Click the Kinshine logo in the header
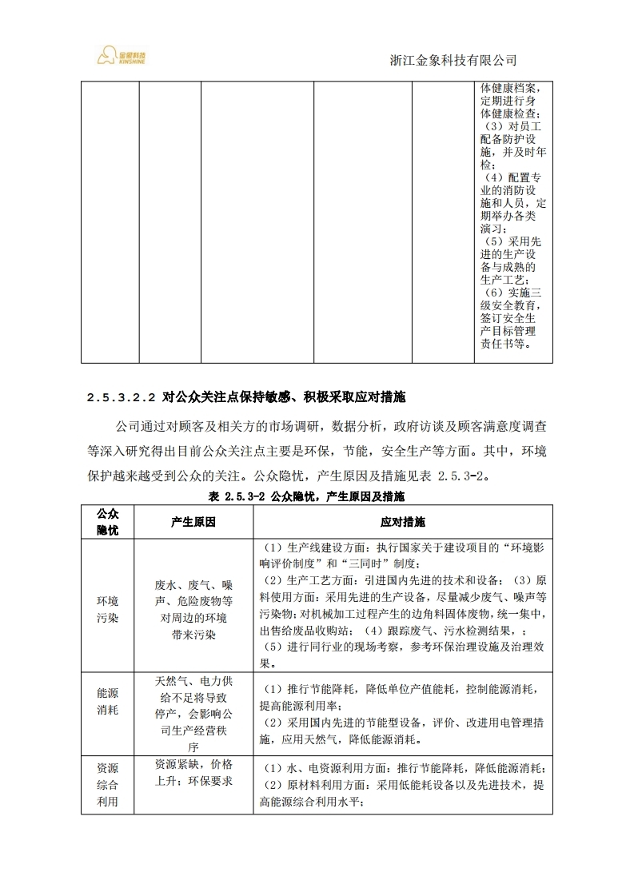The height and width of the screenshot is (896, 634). tap(123, 56)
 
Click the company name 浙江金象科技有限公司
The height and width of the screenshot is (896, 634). tap(453, 60)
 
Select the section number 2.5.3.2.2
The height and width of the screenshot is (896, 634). tap(120, 397)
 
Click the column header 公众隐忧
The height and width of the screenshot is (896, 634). tap(108, 521)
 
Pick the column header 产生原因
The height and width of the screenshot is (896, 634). tap(193, 521)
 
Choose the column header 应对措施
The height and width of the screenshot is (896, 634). tap(403, 521)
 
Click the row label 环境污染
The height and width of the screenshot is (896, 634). tap(108, 609)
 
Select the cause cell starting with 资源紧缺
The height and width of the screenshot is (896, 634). tap(193, 771)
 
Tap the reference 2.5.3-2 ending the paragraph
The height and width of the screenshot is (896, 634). tap(462, 476)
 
